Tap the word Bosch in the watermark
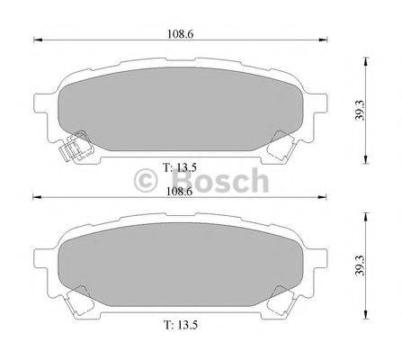[216, 181]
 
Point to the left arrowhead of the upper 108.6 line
[36, 40]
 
